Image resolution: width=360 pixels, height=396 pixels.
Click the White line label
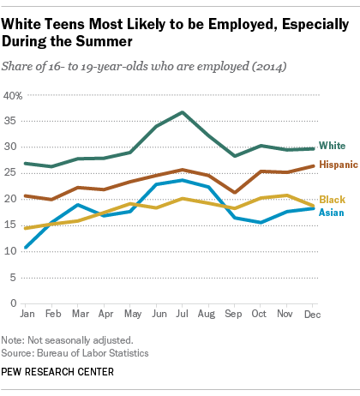[x=332, y=147]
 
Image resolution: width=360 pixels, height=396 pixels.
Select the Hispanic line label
[x=336, y=164]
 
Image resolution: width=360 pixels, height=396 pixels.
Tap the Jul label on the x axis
[x=182, y=315]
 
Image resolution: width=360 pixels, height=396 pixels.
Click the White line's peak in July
[x=182, y=112]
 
